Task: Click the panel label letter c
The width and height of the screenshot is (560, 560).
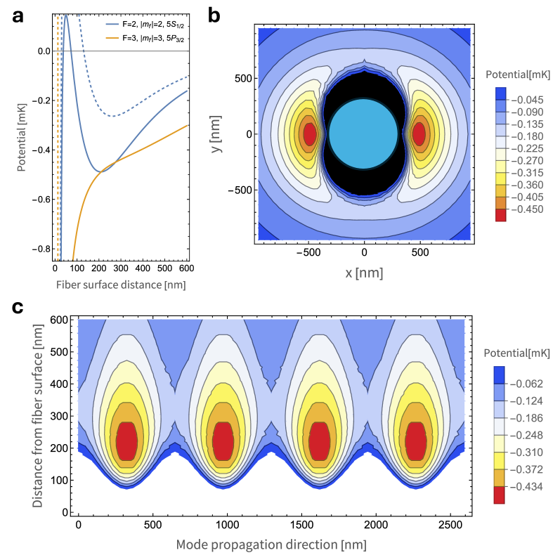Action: coord(19,308)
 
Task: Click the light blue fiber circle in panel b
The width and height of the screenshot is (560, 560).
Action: coord(363,133)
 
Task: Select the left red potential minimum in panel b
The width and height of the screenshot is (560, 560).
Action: coord(308,133)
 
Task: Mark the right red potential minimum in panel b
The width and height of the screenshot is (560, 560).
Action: coord(419,133)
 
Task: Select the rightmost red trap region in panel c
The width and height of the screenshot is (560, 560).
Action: coord(417,441)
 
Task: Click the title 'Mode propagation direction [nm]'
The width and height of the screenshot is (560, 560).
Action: coord(271,544)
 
